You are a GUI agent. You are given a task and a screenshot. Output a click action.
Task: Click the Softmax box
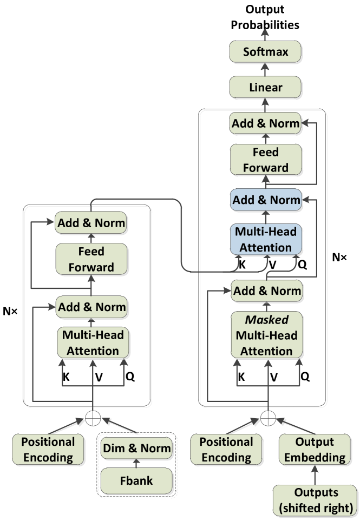coord(265,52)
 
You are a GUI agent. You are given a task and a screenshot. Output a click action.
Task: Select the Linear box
coord(265,87)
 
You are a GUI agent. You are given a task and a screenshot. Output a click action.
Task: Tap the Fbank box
coord(136,479)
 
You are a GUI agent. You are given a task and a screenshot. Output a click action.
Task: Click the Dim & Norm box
coord(136,449)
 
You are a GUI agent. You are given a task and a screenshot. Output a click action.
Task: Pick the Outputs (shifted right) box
coord(316,500)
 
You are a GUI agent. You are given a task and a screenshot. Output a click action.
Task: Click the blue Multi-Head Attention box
coord(265,240)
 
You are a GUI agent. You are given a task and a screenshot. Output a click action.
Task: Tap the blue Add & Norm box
coord(265,200)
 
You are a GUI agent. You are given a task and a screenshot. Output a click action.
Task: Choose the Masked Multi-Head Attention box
coord(266,335)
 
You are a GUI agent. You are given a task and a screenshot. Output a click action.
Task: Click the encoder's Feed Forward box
coord(91,259)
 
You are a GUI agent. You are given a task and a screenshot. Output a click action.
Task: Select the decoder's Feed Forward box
coord(265,160)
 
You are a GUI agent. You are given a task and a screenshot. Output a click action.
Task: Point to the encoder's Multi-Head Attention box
coord(92,342)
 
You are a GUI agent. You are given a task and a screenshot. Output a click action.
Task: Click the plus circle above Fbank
coord(93,418)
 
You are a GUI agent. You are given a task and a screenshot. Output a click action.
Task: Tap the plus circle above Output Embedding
coord(268,418)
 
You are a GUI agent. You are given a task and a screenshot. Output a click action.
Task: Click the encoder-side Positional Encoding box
coord(48,449)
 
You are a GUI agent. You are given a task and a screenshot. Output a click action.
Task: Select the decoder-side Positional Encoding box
coord(226,449)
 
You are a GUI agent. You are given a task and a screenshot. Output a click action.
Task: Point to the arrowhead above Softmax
coord(265,32)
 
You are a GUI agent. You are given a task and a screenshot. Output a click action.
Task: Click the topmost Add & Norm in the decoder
coord(265,123)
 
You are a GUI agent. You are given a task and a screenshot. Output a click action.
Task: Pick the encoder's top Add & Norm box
coord(91,222)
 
